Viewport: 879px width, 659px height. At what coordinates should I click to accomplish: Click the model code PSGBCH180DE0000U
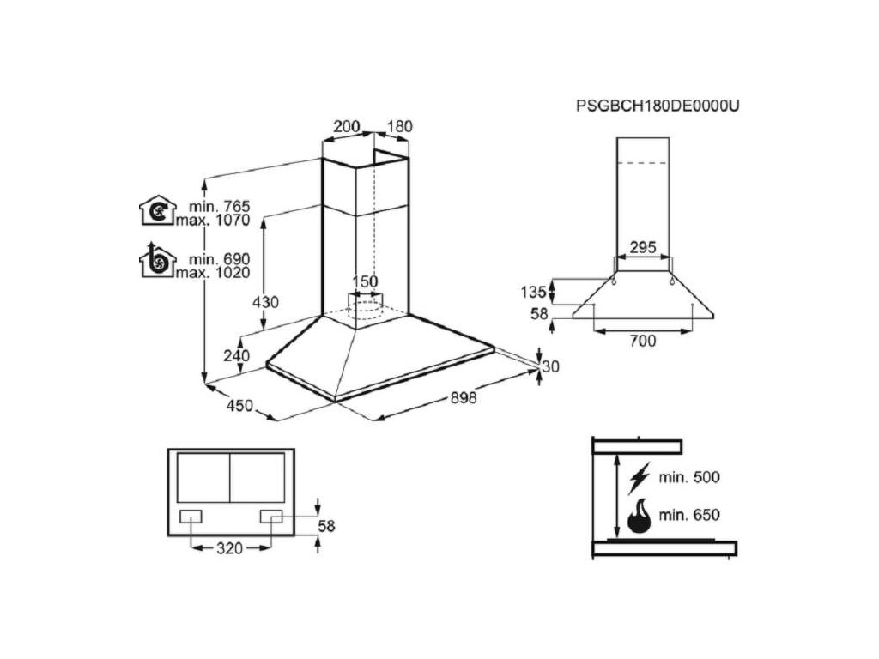tap(658, 106)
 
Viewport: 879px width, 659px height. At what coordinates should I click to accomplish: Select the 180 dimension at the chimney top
tap(399, 126)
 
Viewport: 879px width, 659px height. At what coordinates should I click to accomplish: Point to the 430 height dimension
tap(267, 302)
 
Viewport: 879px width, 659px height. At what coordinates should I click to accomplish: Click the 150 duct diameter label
tap(366, 281)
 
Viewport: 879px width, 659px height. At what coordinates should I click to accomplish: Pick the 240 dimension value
tap(236, 355)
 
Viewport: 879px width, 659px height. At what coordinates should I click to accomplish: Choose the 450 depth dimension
tap(239, 405)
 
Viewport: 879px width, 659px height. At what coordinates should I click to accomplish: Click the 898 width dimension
tap(462, 397)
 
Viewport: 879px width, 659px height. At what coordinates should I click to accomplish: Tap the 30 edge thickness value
tap(550, 366)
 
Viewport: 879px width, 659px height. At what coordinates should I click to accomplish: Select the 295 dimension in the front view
tap(643, 247)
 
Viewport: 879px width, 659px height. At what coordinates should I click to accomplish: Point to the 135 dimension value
tap(533, 291)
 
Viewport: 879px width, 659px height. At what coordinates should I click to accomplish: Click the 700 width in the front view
tap(642, 341)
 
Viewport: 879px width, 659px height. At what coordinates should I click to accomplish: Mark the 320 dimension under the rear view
tap(230, 546)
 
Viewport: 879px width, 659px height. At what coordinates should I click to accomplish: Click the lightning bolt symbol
tap(639, 477)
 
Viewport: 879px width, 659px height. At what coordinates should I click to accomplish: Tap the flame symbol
tap(639, 517)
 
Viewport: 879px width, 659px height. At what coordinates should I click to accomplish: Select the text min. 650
tap(690, 516)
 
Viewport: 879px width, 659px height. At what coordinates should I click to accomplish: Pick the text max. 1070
tap(214, 221)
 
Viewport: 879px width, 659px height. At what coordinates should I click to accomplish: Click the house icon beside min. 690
tap(156, 261)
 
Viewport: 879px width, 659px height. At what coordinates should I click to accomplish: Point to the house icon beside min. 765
tap(156, 210)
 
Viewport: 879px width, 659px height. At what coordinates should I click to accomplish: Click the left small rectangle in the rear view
tap(191, 516)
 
